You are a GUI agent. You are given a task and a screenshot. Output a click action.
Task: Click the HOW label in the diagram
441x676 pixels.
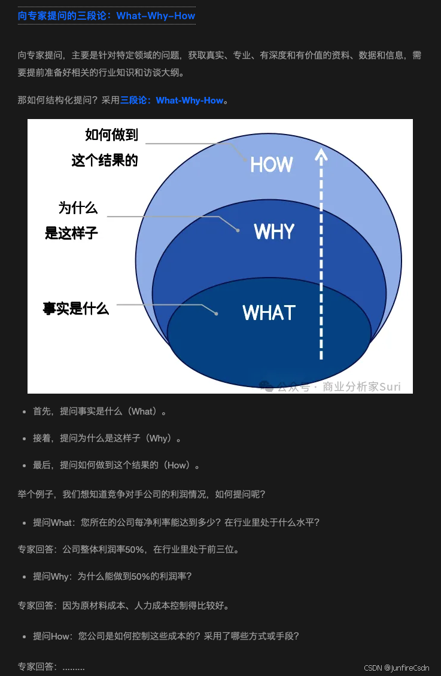pos(271,165)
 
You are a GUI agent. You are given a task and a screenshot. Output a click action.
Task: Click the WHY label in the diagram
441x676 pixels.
pos(274,232)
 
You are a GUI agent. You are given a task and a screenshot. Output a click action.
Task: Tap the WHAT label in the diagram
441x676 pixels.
pos(269,313)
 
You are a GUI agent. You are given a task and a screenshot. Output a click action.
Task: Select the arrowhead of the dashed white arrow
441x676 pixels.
pos(321,155)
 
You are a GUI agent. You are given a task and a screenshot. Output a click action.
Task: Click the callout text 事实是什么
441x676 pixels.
pos(76,309)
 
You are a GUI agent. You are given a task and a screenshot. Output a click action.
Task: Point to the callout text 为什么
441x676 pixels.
pos(78,208)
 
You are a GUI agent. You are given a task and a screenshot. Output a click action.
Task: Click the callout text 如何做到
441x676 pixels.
pos(112,135)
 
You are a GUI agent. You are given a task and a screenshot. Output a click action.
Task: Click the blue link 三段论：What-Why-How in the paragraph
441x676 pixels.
pos(172,101)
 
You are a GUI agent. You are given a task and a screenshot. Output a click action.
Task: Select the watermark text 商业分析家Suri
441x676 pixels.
pos(361,386)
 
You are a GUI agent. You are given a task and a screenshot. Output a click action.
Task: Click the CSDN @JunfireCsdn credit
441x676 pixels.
pos(396,668)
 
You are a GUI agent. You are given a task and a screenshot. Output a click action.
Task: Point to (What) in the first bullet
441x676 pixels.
pos(143,412)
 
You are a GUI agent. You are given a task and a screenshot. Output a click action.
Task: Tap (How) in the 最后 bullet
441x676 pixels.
pos(177,465)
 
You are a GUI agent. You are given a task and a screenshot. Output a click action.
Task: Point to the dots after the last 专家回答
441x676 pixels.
pos(74,667)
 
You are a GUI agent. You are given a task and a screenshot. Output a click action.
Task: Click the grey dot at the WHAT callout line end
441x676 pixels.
pos(217,313)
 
